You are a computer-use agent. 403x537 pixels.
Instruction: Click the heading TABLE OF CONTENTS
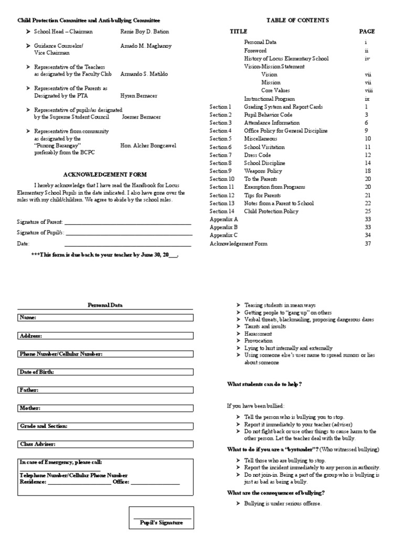[x=298, y=20]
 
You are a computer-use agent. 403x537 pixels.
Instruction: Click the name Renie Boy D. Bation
[x=145, y=32]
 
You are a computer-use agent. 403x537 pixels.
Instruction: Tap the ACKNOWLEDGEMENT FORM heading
[x=105, y=175]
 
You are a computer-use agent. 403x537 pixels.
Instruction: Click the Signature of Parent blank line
[x=128, y=223]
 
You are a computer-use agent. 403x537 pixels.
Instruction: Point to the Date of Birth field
[x=105, y=372]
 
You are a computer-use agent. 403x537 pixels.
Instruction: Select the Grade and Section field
[x=105, y=426]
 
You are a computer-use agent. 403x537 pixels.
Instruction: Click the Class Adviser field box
[x=105, y=444]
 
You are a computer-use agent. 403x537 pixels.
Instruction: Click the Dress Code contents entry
[x=258, y=155]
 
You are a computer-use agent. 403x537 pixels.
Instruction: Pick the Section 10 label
[x=222, y=179]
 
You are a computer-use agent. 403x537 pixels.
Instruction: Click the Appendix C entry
[x=224, y=235]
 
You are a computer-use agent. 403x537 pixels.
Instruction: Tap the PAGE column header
[x=367, y=31]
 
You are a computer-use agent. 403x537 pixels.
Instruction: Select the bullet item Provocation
[x=259, y=341]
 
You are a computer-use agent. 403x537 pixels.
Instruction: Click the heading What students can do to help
[x=264, y=384]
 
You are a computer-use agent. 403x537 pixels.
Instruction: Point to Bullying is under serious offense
[x=283, y=503]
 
